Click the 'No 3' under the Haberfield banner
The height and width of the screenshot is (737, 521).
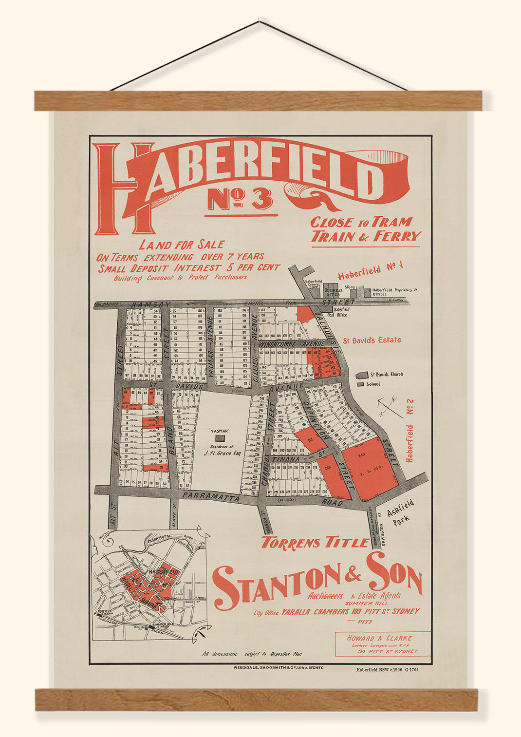coord(241,200)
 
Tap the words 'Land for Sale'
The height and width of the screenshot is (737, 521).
coord(182,245)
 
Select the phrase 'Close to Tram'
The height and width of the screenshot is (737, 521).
coord(361,223)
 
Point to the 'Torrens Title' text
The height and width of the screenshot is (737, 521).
coord(316,543)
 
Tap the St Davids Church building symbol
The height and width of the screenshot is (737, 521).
coord(362,375)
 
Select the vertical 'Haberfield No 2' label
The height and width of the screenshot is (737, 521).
coord(410,431)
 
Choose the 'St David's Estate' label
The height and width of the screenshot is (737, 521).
coord(372,340)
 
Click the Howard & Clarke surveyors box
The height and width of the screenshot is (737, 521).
coord(382,644)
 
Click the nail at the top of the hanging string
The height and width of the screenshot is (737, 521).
coord(259,21)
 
